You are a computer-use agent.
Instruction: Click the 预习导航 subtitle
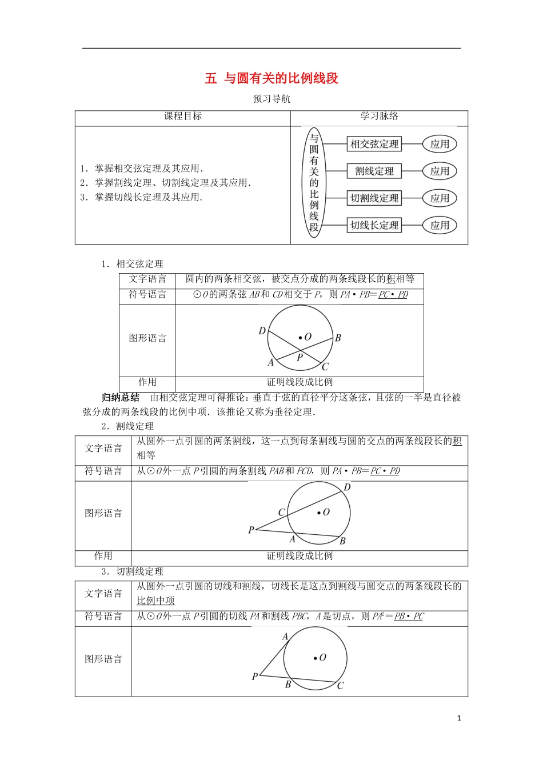(271, 99)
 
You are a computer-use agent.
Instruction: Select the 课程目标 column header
(183, 117)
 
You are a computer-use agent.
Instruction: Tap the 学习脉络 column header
(379, 117)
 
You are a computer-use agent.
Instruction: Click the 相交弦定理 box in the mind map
(374, 144)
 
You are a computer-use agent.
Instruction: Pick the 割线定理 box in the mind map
(374, 171)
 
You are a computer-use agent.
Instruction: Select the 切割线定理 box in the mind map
(374, 198)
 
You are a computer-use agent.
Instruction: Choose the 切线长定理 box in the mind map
(374, 225)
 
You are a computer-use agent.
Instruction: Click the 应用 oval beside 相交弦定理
(440, 144)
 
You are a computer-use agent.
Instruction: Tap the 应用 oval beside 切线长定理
(440, 225)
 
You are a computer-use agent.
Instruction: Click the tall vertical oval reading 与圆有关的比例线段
(314, 182)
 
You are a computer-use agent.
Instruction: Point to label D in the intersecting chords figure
(262, 331)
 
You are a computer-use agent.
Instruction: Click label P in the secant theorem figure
(251, 530)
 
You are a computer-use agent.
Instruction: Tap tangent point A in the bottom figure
(285, 637)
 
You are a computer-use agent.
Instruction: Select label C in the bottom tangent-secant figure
(340, 685)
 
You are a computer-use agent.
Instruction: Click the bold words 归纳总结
(120, 398)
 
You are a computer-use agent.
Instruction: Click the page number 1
(459, 718)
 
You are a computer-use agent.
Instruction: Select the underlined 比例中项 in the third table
(155, 601)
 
